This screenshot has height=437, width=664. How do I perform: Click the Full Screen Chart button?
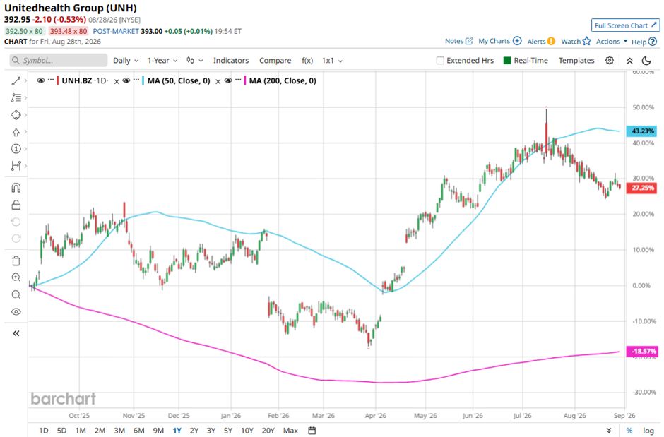pos(625,25)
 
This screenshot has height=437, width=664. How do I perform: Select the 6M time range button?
pos(139,430)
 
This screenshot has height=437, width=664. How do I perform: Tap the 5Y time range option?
pos(228,430)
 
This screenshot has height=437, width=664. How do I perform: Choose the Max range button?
pos(290,430)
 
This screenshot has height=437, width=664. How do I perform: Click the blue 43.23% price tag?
pos(641,131)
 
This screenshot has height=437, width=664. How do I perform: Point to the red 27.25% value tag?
pos(641,188)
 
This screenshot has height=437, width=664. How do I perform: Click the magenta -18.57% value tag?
pos(641,351)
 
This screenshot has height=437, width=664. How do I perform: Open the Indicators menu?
pos(231,61)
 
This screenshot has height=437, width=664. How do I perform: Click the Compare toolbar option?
pos(275,61)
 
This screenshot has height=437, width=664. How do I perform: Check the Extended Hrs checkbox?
pos(440,61)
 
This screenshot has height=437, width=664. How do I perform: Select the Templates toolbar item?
pos(576,61)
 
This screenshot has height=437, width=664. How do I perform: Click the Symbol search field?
pos(59,61)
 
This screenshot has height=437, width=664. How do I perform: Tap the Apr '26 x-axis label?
pos(376,415)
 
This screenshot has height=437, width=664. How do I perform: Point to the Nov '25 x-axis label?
pos(134,415)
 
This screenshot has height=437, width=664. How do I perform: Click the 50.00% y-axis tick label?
pos(644,107)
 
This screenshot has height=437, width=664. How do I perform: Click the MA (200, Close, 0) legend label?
pos(283,80)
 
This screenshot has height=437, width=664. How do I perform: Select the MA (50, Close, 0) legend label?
pos(179,80)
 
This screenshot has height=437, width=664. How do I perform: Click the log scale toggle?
pos(648,430)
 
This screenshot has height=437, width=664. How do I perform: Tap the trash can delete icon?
pos(16,261)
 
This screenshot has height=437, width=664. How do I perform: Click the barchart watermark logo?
pos(64,398)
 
